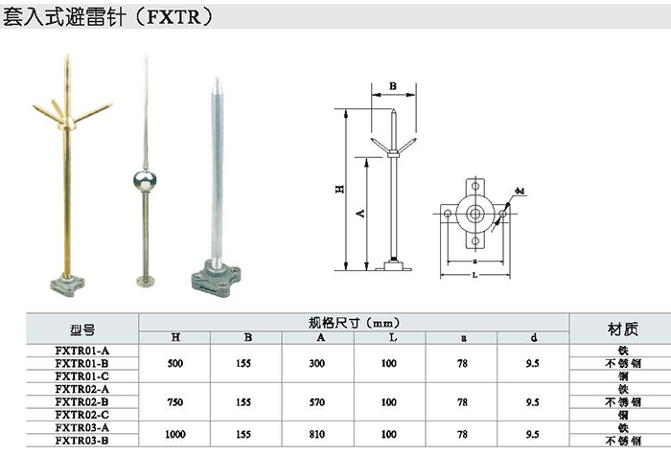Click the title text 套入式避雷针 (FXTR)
(107, 17)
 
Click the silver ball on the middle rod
(145, 180)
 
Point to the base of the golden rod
(67, 284)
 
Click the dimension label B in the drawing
(393, 86)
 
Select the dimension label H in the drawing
(339, 189)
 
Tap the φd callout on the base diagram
(520, 191)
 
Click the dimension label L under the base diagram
(474, 276)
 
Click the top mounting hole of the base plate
(475, 186)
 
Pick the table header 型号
(82, 330)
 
